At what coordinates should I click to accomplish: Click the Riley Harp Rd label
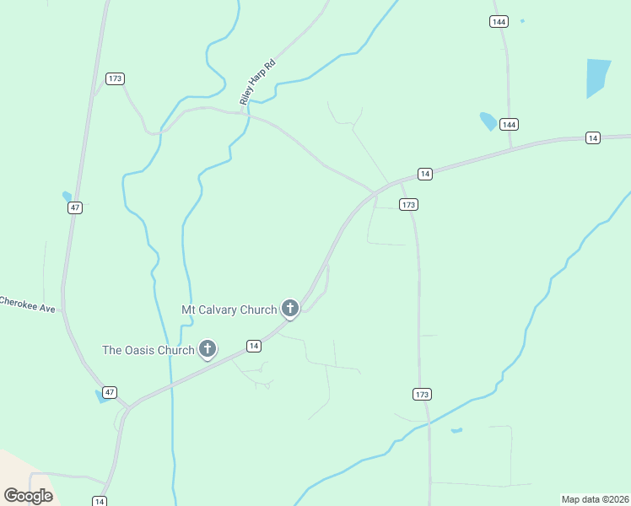(257, 83)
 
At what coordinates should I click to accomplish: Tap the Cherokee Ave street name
(27, 304)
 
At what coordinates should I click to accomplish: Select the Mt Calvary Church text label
(229, 310)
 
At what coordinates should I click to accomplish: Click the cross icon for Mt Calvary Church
(290, 309)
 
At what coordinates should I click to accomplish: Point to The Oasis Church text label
(148, 350)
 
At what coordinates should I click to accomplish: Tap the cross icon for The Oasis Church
(208, 349)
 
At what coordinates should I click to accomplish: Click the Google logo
(28, 496)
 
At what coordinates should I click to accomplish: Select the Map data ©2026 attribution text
(596, 499)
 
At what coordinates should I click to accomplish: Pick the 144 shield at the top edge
(499, 21)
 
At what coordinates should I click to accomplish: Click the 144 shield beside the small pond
(508, 124)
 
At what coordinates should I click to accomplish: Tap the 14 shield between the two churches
(253, 346)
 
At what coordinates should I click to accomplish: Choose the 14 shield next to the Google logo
(100, 501)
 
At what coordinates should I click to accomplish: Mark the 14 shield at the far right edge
(594, 137)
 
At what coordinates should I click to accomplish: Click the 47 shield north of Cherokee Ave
(75, 207)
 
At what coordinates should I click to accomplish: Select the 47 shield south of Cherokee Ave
(109, 392)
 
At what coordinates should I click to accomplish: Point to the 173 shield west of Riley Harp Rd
(116, 78)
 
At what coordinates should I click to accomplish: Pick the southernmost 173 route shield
(423, 394)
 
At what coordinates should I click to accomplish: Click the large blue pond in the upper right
(597, 76)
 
